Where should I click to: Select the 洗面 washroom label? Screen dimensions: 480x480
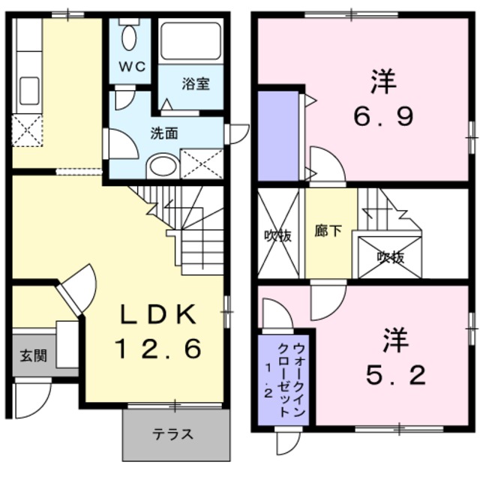pyautogui.click(x=163, y=134)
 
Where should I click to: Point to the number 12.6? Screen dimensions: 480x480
pyautogui.click(x=158, y=349)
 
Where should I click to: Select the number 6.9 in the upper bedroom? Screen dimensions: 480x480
pyautogui.click(x=383, y=118)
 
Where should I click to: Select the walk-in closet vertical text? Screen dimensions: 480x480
pyautogui.click(x=291, y=379)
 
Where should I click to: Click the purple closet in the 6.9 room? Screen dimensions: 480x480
pyautogui.click(x=279, y=136)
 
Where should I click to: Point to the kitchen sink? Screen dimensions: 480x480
pyautogui.click(x=28, y=90)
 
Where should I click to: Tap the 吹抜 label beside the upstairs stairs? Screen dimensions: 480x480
pyautogui.click(x=391, y=257)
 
